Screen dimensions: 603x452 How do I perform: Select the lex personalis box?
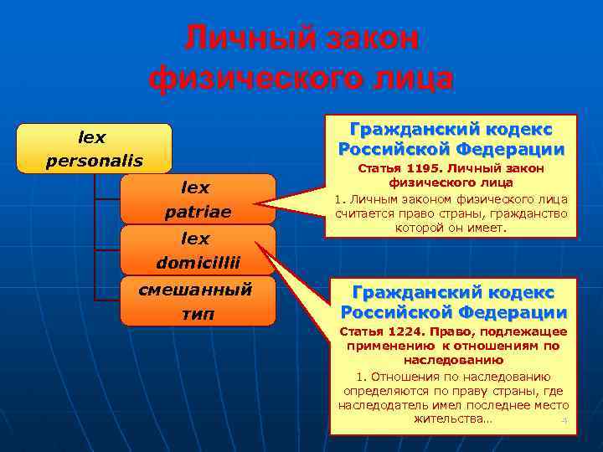click(94, 148)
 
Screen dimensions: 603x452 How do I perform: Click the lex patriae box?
click(198, 199)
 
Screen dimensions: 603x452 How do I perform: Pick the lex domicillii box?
click(198, 250)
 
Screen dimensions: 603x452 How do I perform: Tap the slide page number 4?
click(564, 420)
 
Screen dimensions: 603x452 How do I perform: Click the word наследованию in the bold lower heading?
click(452, 358)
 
